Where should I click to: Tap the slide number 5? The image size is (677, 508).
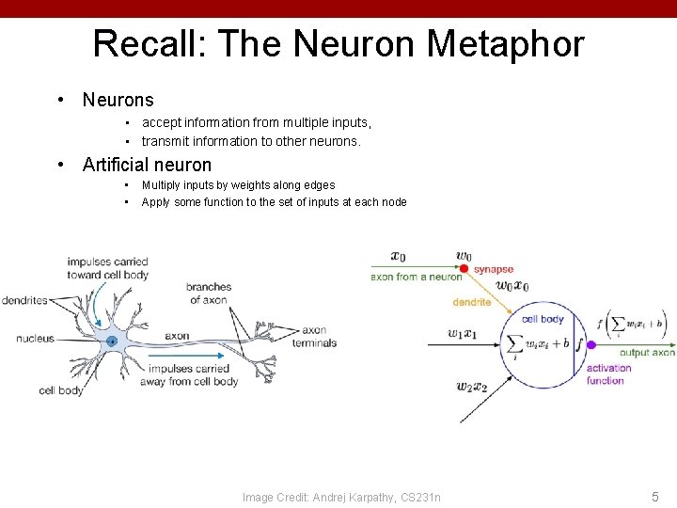(x=654, y=496)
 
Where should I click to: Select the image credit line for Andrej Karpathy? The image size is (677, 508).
(x=341, y=497)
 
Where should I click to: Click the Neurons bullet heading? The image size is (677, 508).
(x=118, y=100)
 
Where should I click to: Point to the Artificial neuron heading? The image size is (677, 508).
(x=147, y=165)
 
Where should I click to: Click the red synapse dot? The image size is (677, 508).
(x=464, y=269)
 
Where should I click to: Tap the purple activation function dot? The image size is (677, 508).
(x=590, y=344)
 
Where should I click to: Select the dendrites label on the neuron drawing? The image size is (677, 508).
(x=24, y=301)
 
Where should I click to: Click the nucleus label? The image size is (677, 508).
(x=35, y=339)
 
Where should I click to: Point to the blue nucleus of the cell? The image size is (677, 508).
(x=112, y=341)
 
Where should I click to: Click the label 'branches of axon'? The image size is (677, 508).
(x=208, y=294)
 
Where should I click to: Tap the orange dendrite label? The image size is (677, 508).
(x=471, y=302)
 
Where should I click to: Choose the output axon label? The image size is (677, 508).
(x=647, y=353)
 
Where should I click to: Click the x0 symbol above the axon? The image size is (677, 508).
(x=398, y=256)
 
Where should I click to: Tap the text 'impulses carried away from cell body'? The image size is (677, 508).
(x=189, y=374)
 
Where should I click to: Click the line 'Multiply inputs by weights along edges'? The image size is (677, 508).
(x=238, y=185)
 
